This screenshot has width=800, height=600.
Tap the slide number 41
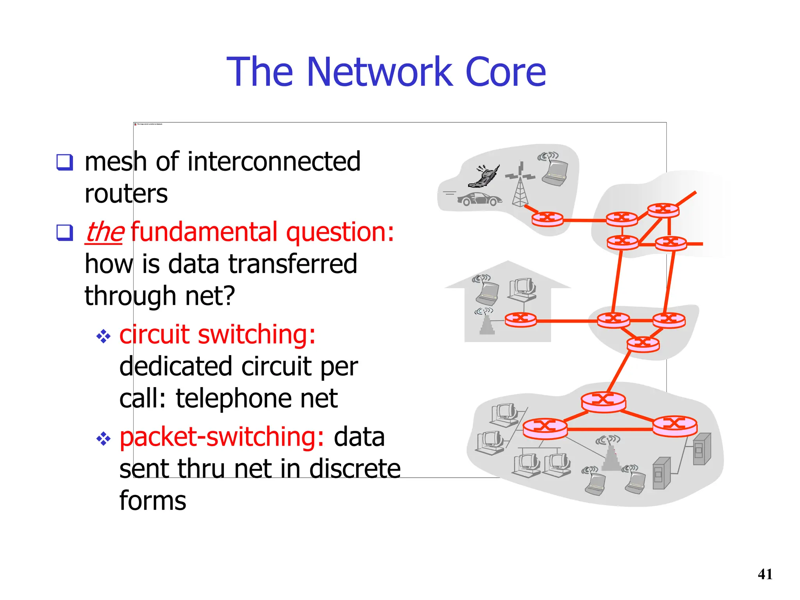click(x=765, y=574)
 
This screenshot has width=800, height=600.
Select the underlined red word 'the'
click(x=104, y=232)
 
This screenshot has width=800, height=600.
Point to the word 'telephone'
click(x=233, y=398)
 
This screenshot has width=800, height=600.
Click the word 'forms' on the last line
click(x=153, y=501)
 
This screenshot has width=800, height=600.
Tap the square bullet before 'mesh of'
click(x=64, y=162)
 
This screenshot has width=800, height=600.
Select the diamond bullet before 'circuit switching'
click(x=103, y=336)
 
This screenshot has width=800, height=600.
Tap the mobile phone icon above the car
click(x=484, y=177)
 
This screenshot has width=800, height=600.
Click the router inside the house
click(x=520, y=320)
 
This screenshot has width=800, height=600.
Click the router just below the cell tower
click(x=547, y=219)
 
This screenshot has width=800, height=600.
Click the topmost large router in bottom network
click(x=603, y=402)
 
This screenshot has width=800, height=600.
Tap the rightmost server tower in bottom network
click(x=702, y=449)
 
